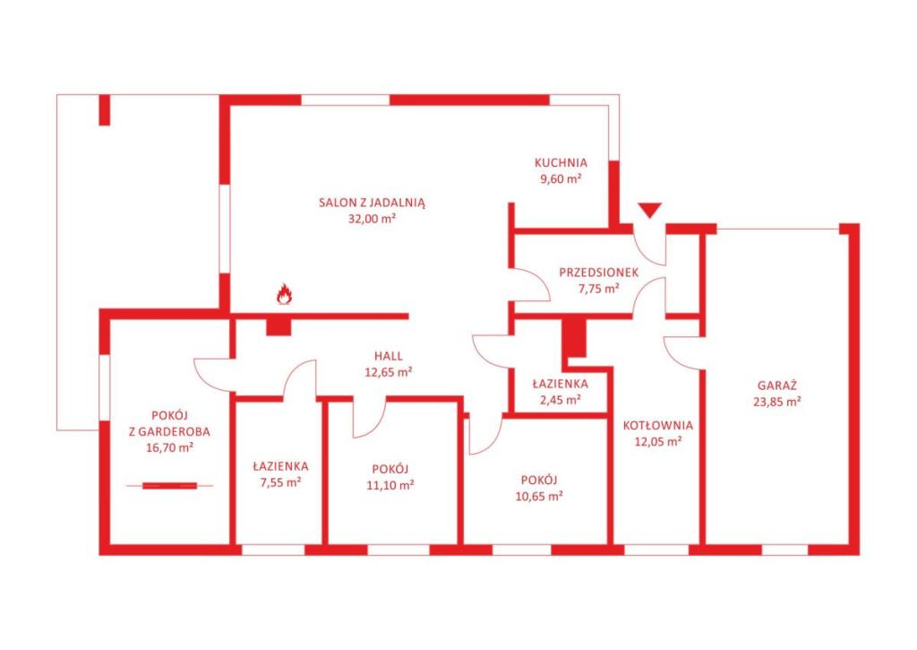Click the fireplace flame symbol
click(284, 294)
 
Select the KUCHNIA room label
click(561, 163)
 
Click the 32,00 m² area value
click(372, 219)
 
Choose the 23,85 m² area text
click(777, 402)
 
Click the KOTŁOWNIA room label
click(658, 425)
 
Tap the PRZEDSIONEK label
click(599, 273)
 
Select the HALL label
click(389, 355)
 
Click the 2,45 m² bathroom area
click(561, 400)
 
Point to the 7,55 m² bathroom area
click(280, 482)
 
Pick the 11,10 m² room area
click(390, 485)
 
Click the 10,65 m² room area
click(539, 496)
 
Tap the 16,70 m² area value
click(169, 448)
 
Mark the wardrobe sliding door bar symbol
click(170, 485)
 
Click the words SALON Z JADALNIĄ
click(372, 204)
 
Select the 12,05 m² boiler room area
click(658, 441)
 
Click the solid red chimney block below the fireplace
click(279, 326)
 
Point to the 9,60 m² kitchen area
click(561, 179)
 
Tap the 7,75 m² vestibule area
click(599, 288)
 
